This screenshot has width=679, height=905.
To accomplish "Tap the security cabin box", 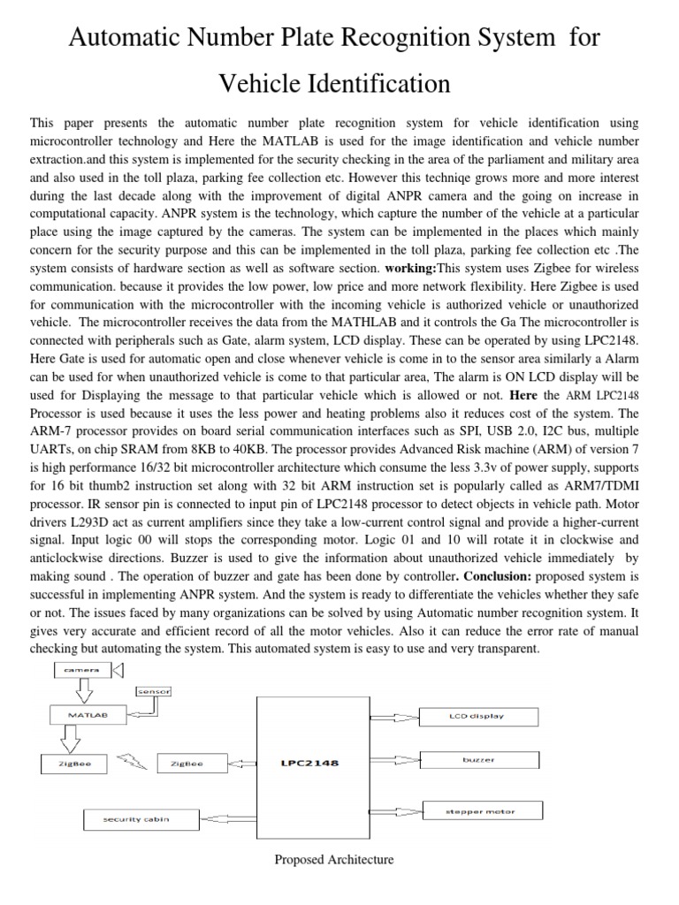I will tap(137, 819).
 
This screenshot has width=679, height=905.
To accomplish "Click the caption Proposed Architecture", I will tap(334, 859).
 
